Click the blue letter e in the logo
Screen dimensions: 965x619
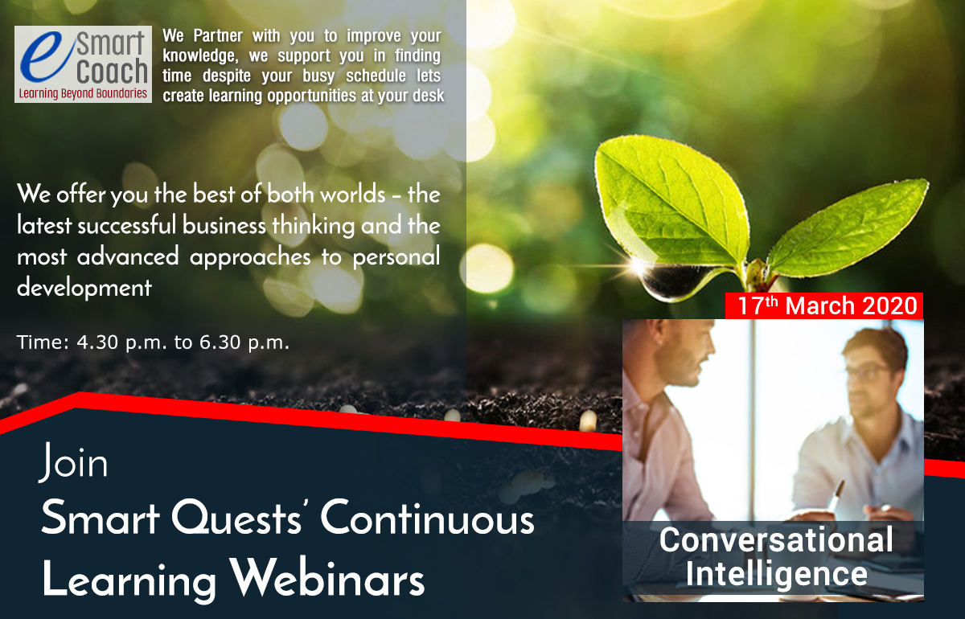pyautogui.click(x=47, y=58)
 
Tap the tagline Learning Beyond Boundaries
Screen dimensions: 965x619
pyautogui.click(x=83, y=93)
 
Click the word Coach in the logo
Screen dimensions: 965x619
pyautogui.click(x=112, y=71)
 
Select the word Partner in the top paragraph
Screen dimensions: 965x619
pyautogui.click(x=218, y=35)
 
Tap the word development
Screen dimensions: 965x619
pyautogui.click(x=84, y=287)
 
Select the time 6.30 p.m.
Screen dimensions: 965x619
pyautogui.click(x=244, y=343)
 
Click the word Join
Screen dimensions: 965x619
pyautogui.click(x=74, y=461)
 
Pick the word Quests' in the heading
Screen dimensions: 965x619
pyautogui.click(x=236, y=518)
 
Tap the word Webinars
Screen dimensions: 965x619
pyautogui.click(x=327, y=578)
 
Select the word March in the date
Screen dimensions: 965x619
pyautogui.click(x=820, y=305)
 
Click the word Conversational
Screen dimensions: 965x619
pyautogui.click(x=776, y=539)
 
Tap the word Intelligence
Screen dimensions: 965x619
pyautogui.click(x=776, y=574)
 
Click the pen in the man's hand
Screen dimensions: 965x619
pyautogui.click(x=835, y=495)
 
